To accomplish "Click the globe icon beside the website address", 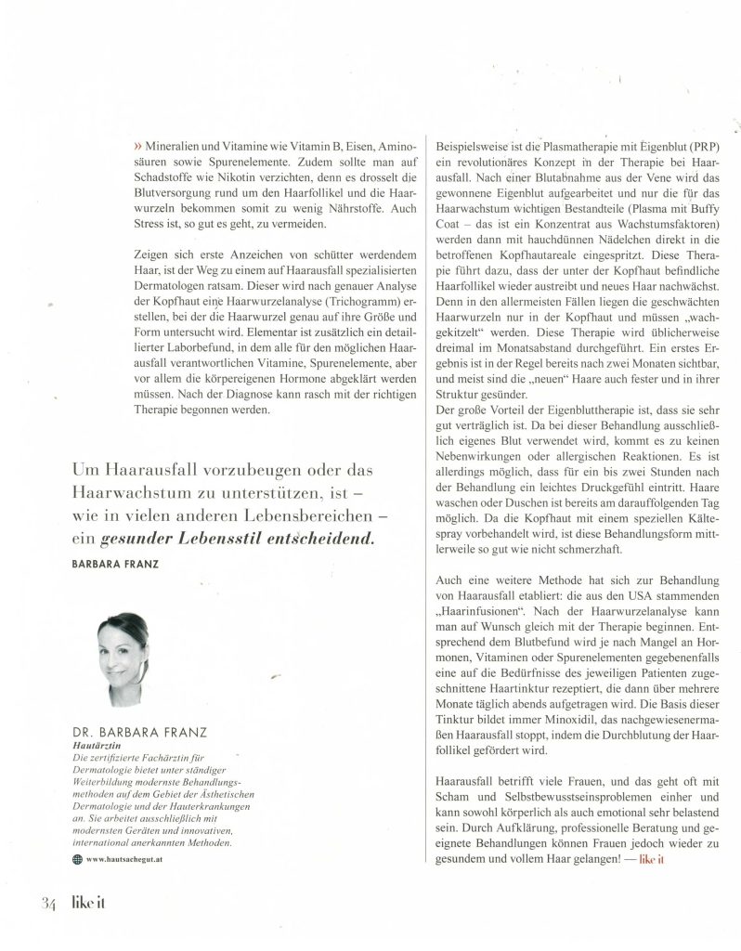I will (77, 859).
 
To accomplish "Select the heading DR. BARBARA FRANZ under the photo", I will (135, 731).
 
